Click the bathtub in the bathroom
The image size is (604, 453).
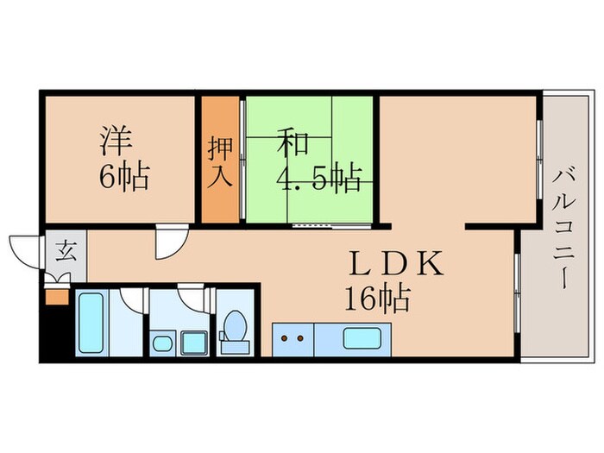91,323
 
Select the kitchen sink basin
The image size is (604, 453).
362,337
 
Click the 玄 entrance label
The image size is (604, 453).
66,252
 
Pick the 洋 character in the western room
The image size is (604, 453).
117,141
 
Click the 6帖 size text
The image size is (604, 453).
124,178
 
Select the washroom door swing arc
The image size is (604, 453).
193,301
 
